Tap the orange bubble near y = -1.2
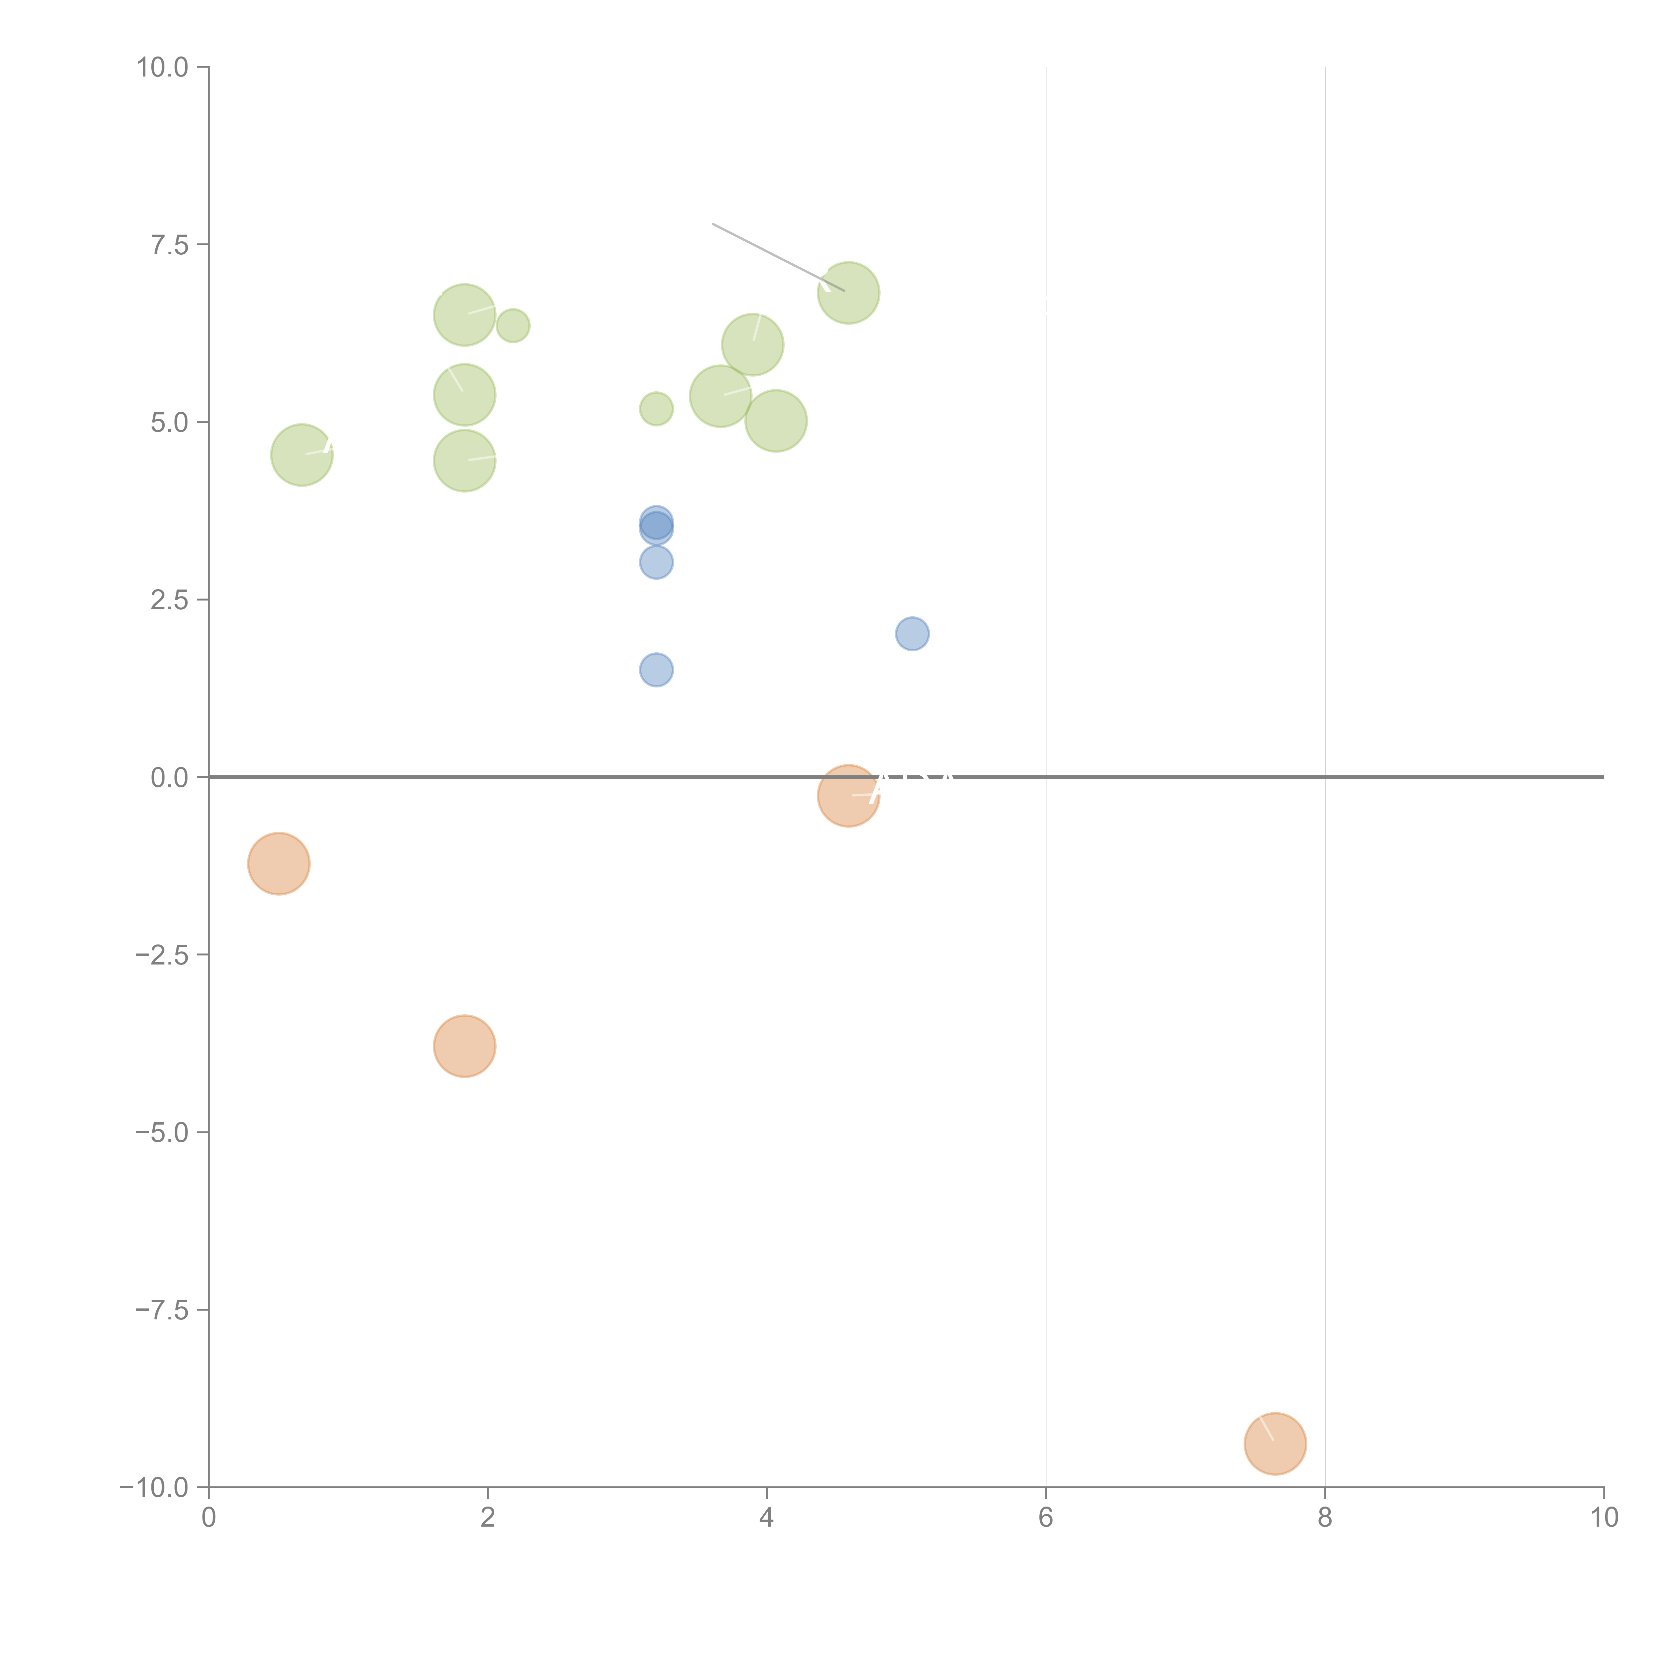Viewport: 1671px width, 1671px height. pos(278,863)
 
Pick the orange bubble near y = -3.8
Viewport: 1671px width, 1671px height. pos(465,1046)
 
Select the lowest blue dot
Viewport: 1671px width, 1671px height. pos(656,669)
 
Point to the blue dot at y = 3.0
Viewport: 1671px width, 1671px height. pos(656,562)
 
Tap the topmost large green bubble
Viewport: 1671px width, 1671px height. pos(849,292)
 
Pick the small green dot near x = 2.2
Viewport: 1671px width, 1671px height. pos(513,325)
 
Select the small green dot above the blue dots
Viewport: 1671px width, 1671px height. pos(656,408)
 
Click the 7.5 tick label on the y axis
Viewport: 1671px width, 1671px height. pos(169,245)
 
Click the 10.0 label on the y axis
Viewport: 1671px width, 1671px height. pos(163,68)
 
